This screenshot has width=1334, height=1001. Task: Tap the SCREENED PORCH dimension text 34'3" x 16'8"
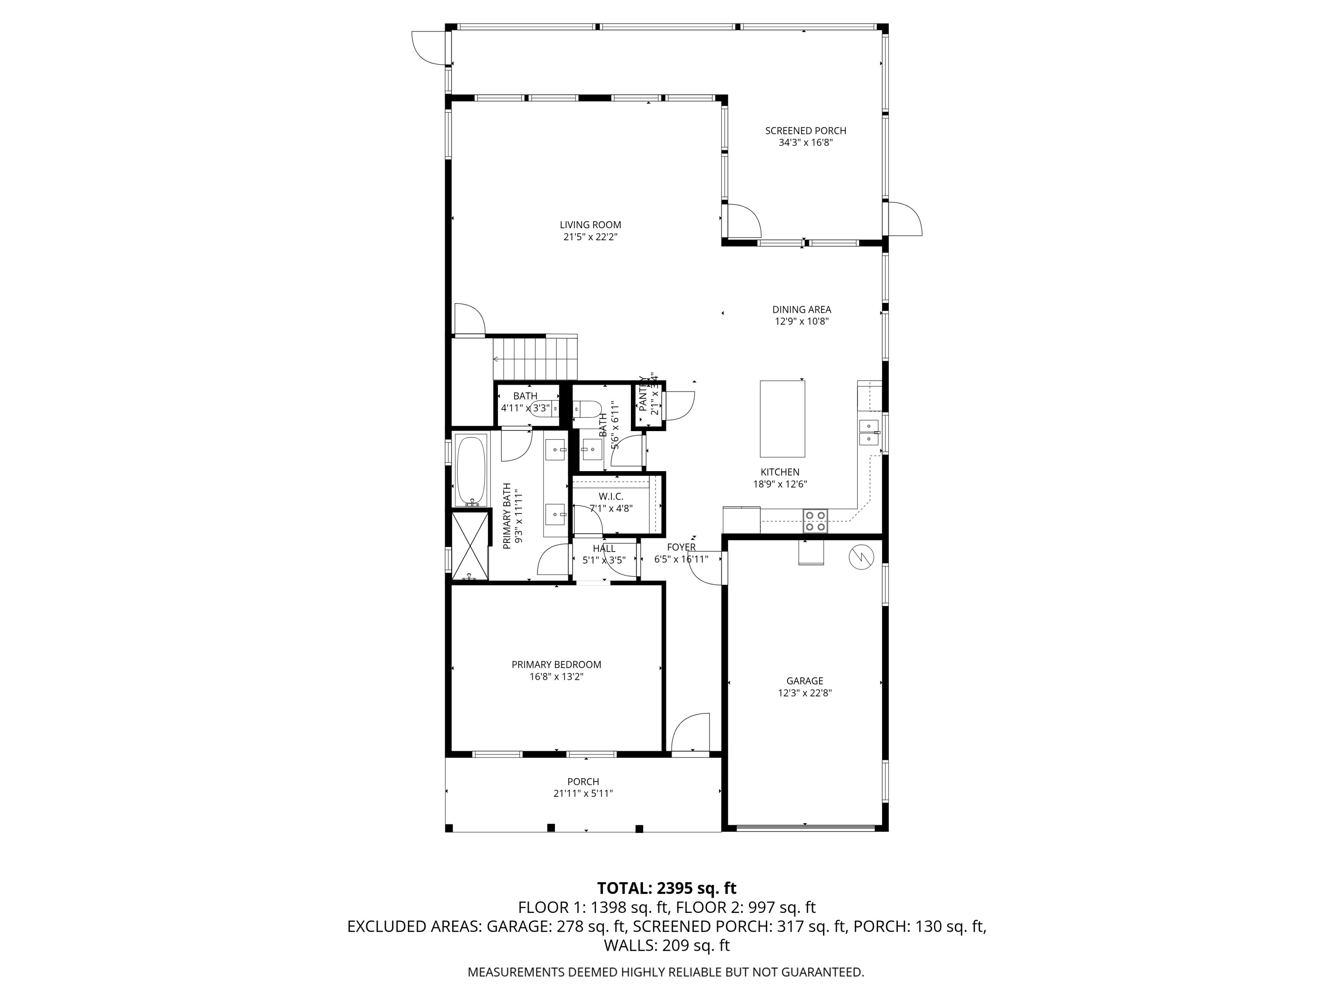[x=805, y=143]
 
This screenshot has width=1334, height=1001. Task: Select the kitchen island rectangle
[x=782, y=419]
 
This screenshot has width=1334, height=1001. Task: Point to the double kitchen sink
[x=868, y=432]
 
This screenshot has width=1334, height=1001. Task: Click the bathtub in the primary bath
[x=470, y=471]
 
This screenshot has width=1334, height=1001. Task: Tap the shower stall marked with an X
[x=470, y=545]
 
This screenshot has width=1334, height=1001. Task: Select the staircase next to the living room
[x=535, y=359]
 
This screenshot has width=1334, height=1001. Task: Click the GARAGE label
[x=804, y=681]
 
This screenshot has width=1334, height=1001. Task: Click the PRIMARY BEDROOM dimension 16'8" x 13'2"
[x=556, y=677]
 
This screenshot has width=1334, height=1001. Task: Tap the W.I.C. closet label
[x=611, y=496]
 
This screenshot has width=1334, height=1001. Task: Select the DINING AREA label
[x=801, y=310]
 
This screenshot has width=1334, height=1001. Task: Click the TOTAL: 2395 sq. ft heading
[x=667, y=888]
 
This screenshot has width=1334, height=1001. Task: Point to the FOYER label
[x=681, y=547]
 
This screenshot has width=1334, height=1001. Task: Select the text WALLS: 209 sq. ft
[x=667, y=945]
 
